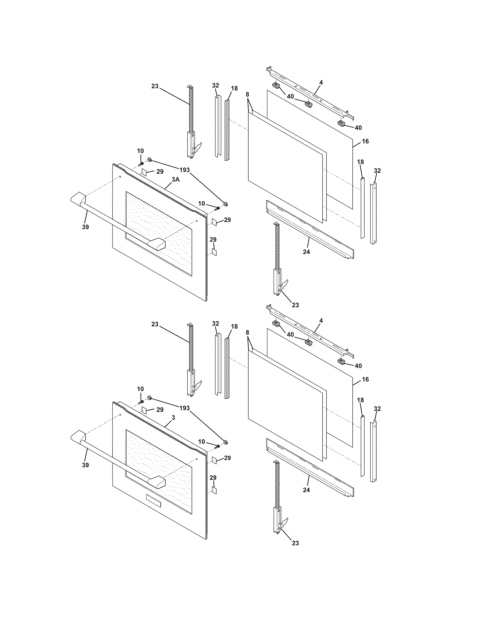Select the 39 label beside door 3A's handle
click(85, 227)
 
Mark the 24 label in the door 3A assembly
click(306, 251)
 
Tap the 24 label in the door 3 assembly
click(306, 490)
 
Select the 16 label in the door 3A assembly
click(365, 141)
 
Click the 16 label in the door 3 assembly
click(365, 379)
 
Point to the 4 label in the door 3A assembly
click(321, 82)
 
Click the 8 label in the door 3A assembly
click(247, 94)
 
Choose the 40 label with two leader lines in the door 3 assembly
click(290, 335)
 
